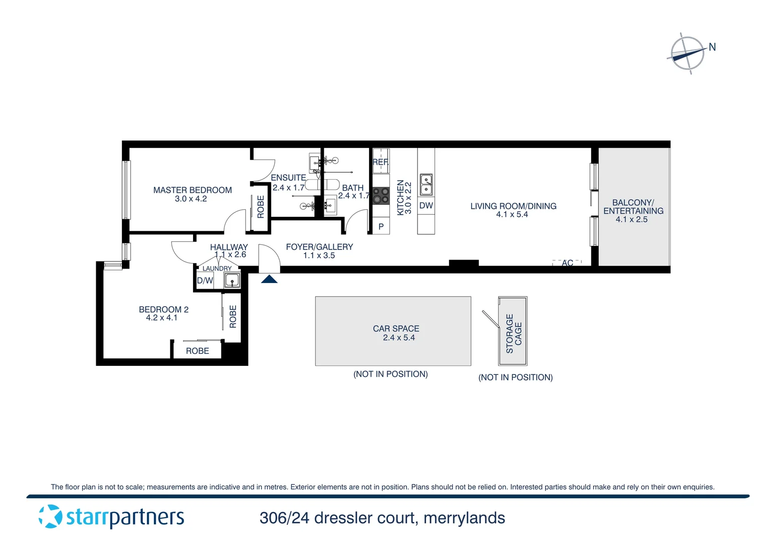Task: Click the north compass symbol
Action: click(x=688, y=53)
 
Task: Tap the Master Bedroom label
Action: click(x=193, y=190)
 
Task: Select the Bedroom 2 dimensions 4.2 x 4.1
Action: click(x=161, y=318)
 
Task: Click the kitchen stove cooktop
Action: click(x=381, y=196)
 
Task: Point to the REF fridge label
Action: click(x=380, y=162)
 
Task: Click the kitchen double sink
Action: click(x=426, y=184)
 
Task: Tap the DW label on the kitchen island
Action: click(x=426, y=206)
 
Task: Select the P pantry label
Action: click(x=381, y=227)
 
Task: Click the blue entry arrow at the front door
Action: click(x=269, y=279)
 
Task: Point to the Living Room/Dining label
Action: click(x=513, y=206)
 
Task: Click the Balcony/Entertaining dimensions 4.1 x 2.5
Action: click(x=632, y=219)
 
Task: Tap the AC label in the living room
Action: click(x=567, y=263)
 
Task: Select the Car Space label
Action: click(x=396, y=329)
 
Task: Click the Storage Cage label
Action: click(x=514, y=333)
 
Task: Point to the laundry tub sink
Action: click(x=232, y=280)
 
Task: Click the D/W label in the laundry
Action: click(x=205, y=281)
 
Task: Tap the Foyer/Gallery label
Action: click(x=319, y=247)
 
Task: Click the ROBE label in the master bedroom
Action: click(x=261, y=207)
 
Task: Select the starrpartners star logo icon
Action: click(x=50, y=516)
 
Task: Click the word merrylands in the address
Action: click(x=464, y=518)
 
